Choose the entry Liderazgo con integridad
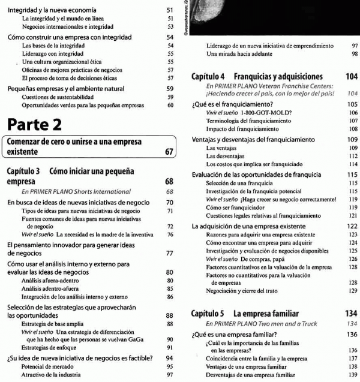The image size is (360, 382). click(x=50, y=53)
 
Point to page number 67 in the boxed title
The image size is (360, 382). click(x=168, y=152)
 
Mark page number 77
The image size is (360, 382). click(x=169, y=253)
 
